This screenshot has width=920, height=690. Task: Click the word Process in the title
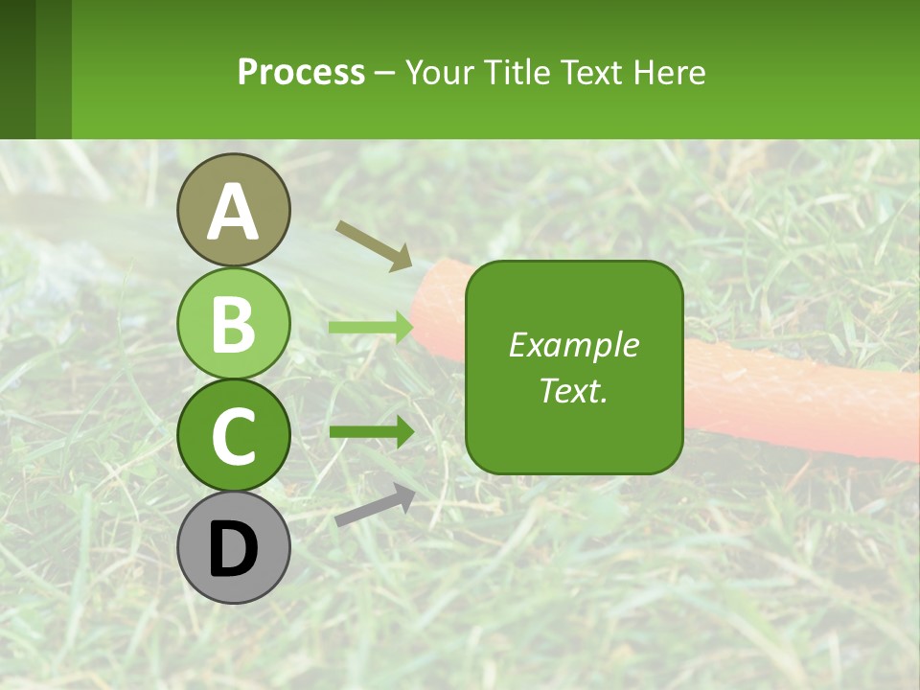click(301, 72)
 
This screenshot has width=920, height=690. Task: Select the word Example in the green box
click(573, 345)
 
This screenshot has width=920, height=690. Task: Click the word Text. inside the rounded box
click(573, 390)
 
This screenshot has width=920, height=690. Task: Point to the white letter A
click(233, 212)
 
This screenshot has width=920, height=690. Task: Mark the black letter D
click(233, 549)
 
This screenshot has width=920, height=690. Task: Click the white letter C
click(233, 437)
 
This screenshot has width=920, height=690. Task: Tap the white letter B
click(233, 324)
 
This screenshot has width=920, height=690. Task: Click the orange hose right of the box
click(795, 398)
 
